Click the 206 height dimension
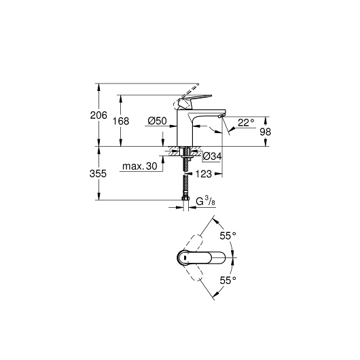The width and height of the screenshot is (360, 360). coord(98,115)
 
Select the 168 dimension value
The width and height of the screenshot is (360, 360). coord(121,121)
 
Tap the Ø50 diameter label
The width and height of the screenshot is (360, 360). coord(158,121)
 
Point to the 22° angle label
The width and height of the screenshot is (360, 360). coord(246,122)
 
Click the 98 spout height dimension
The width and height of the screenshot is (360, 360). coord(265,132)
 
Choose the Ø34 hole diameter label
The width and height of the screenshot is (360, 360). coord(213,156)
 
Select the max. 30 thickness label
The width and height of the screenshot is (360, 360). coord(140,166)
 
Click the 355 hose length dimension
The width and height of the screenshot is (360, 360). coord(98,174)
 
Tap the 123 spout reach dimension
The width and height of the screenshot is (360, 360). coord(203,174)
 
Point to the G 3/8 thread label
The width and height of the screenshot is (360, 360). coord(206,201)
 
